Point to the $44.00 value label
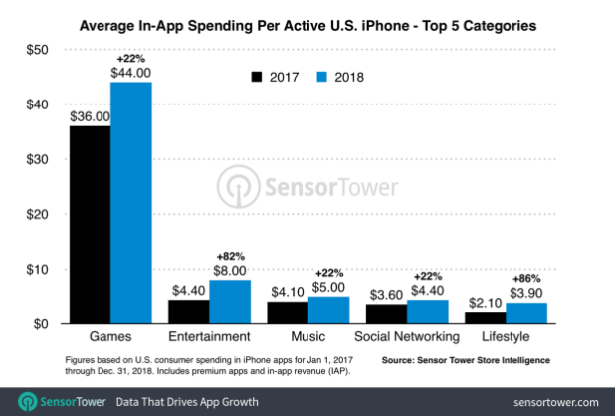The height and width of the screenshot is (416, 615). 130,73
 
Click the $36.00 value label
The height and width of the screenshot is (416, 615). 89,116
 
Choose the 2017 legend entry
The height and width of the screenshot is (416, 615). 274,75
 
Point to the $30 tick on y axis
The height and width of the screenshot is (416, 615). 36,159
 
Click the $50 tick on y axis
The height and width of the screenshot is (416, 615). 36,50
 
